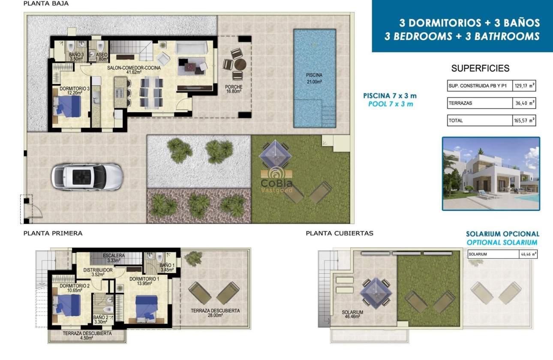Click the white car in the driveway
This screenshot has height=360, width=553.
point(87,177)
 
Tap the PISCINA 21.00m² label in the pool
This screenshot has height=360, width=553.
point(314,78)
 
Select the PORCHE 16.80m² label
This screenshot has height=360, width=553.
point(234,89)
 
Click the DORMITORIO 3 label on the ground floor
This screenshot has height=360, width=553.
point(75,91)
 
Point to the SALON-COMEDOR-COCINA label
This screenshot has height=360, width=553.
point(134,70)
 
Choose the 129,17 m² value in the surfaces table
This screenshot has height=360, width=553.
point(524,86)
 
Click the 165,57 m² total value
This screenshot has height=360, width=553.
point(524,121)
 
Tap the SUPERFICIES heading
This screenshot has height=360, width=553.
point(480,69)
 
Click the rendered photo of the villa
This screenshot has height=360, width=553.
point(491,174)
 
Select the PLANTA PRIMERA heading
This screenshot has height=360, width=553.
point(53,234)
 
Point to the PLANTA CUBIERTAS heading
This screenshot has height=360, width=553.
point(340,234)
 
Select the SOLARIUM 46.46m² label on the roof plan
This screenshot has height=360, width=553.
point(352,315)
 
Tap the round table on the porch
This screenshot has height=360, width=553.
point(240,65)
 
